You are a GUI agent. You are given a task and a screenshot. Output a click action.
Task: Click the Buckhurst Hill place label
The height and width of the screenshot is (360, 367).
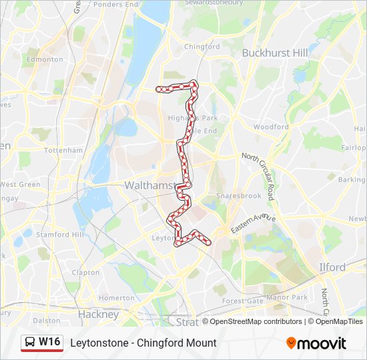point(275,53)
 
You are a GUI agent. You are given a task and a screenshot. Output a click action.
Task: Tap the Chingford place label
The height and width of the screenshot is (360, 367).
point(202,47)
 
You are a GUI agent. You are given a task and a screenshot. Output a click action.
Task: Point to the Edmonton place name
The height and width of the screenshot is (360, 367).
point(43,59)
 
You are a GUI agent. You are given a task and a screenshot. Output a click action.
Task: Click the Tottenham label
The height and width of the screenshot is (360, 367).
point(63,151)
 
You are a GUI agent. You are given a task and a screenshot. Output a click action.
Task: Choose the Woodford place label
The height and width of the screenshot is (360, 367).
point(271,127)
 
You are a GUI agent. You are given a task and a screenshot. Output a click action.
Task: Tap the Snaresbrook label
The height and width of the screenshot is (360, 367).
point(237,197)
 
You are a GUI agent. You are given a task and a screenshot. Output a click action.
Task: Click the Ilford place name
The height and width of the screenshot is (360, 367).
point(332,267)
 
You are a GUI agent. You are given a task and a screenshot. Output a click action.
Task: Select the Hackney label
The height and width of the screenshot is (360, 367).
point(98,314)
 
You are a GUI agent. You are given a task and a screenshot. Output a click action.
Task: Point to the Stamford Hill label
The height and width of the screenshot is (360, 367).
point(60,235)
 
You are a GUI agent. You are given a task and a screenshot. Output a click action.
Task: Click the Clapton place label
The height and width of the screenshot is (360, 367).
point(85,273)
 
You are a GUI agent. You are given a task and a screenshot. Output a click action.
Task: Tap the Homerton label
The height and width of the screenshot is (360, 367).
point(116,298)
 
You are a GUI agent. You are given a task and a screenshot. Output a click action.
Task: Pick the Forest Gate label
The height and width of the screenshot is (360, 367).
point(243,301)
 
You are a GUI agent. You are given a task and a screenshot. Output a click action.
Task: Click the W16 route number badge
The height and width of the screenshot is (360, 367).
point(49,342)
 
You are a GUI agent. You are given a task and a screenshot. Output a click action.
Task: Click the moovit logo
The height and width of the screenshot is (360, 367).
point(316,343)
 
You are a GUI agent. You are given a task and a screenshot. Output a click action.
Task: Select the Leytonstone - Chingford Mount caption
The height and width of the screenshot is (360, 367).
point(143,343)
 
